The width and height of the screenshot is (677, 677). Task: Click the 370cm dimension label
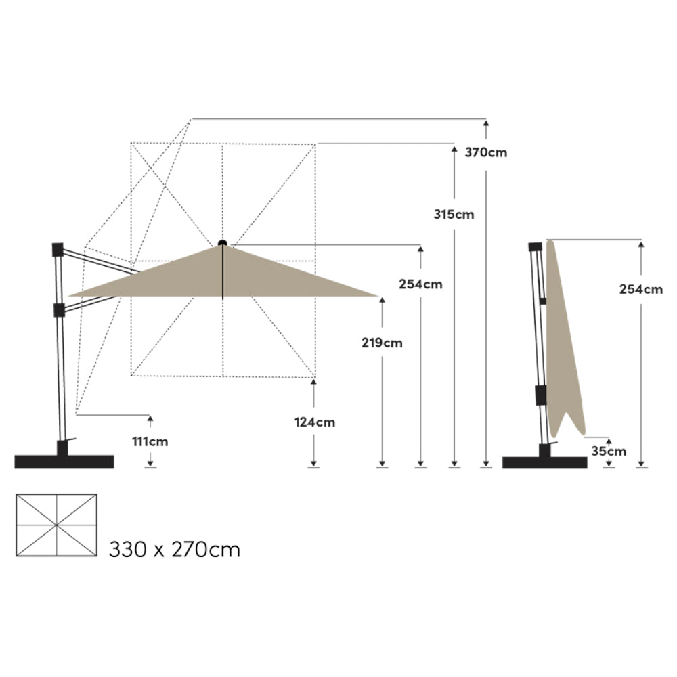click(485, 152)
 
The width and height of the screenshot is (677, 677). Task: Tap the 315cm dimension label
click(454, 214)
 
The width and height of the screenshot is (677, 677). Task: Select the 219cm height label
click(382, 343)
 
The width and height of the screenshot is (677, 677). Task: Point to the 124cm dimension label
click(314, 422)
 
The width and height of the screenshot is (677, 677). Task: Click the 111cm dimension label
click(150, 441)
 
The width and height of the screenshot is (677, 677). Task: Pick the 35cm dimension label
click(609, 451)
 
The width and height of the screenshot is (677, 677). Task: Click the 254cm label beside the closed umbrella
click(640, 289)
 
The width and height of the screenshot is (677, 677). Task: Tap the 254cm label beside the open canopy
click(420, 284)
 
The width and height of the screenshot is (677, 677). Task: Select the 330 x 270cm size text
click(175, 550)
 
